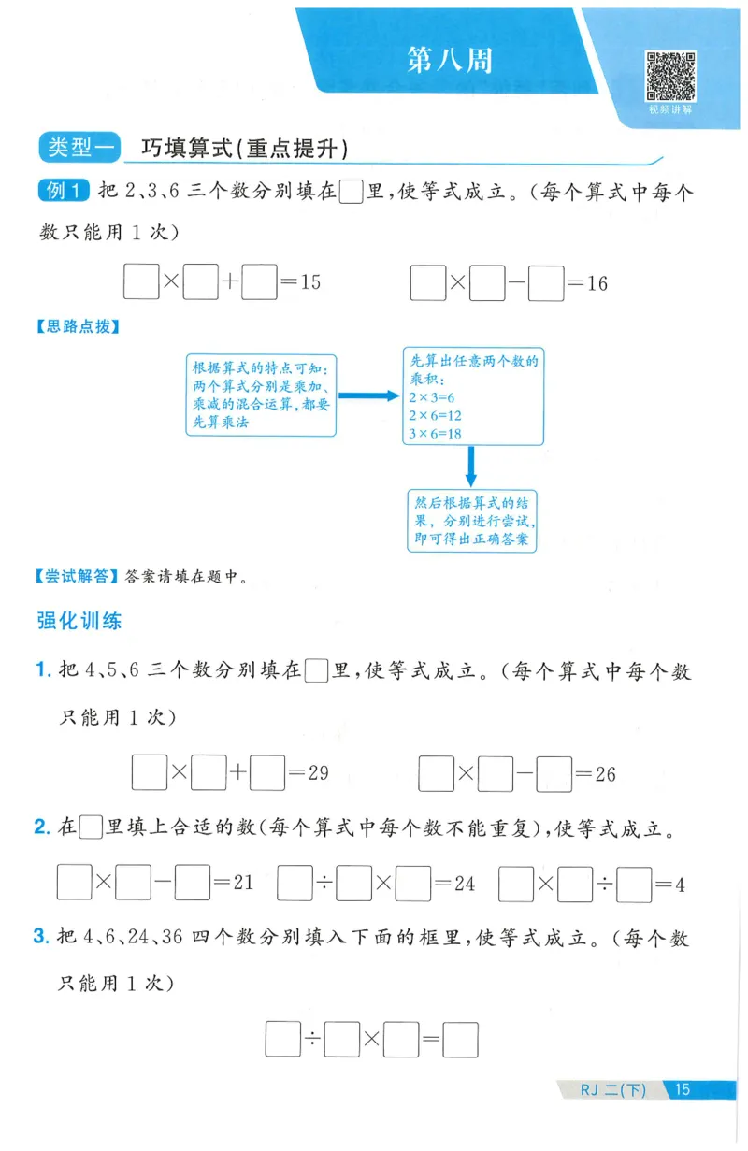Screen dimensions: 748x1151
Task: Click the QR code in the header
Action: [670, 76]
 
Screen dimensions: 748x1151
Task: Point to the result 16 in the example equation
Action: [597, 283]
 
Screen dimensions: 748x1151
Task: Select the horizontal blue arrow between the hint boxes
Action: [367, 396]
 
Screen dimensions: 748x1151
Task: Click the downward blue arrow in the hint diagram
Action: [472, 466]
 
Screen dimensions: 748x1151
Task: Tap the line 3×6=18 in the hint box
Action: [436, 434]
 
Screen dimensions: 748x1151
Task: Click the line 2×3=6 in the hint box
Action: [431, 397]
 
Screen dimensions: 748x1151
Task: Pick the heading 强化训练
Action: [79, 620]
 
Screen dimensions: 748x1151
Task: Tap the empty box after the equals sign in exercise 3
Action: [460, 1040]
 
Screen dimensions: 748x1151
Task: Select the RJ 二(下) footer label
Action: [612, 1089]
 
